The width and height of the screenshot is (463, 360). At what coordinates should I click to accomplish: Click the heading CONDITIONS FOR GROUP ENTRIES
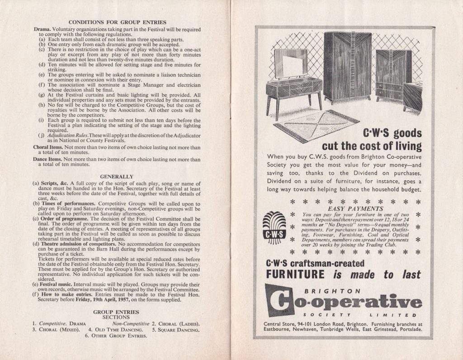[117, 22]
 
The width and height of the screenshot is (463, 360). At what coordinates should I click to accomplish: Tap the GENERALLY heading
[117, 176]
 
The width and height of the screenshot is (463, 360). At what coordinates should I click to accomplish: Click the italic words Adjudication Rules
[63, 136]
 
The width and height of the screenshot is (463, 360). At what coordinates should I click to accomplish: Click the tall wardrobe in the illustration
[347, 66]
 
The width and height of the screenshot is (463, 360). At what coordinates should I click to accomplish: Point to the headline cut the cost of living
[371, 147]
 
